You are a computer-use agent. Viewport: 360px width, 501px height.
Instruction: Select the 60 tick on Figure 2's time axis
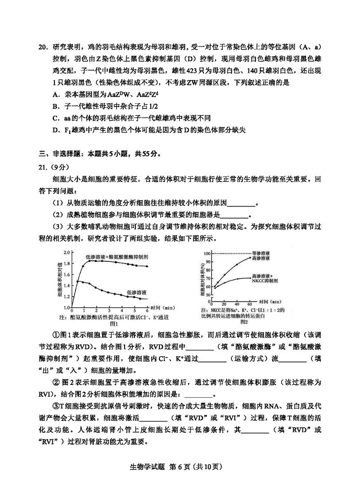(250, 304)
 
